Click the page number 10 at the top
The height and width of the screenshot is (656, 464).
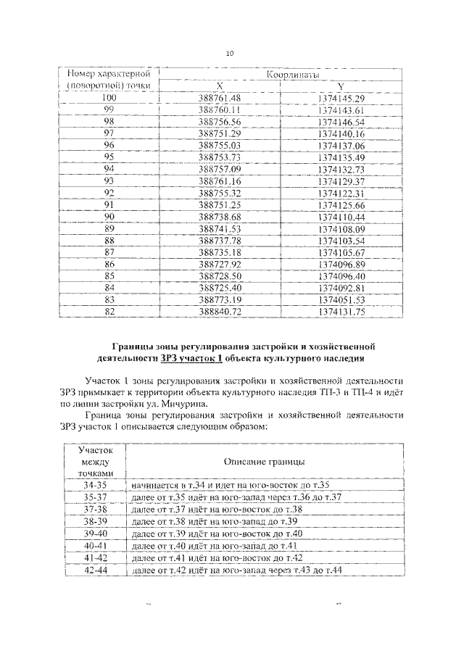tap(231, 54)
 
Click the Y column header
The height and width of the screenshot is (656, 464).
tap(340, 86)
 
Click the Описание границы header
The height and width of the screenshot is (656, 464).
tap(264, 461)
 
